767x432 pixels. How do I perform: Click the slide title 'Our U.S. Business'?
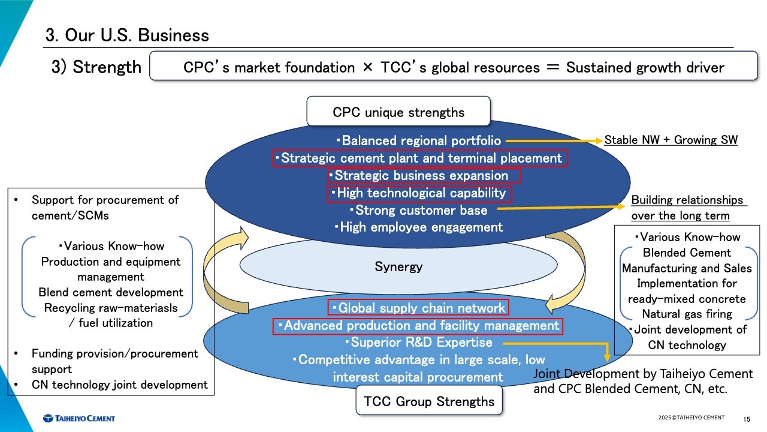pyautogui.click(x=127, y=35)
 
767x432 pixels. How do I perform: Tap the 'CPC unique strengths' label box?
pyautogui.click(x=398, y=112)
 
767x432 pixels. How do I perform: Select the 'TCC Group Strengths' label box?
pyautogui.click(x=429, y=401)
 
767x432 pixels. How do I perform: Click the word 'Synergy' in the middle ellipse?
pyautogui.click(x=398, y=266)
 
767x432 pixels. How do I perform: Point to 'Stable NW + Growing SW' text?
pyautogui.click(x=671, y=140)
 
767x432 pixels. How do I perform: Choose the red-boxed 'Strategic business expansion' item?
pyautogui.click(x=424, y=176)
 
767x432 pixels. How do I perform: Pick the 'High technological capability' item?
pyautogui.click(x=419, y=193)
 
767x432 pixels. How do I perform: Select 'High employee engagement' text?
pyautogui.click(x=418, y=227)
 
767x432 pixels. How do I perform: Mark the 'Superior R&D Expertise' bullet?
pyautogui.click(x=418, y=343)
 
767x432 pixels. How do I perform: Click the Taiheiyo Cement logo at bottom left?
pyautogui.click(x=78, y=418)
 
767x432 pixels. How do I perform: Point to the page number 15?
pyautogui.click(x=747, y=419)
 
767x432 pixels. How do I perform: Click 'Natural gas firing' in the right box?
pyautogui.click(x=687, y=314)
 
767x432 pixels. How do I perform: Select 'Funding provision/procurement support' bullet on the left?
pyautogui.click(x=114, y=361)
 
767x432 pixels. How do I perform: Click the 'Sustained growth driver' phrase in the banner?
pyautogui.click(x=645, y=67)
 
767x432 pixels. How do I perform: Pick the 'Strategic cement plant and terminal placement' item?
pyautogui.click(x=419, y=158)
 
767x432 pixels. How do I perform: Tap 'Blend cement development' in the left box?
pyautogui.click(x=111, y=293)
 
